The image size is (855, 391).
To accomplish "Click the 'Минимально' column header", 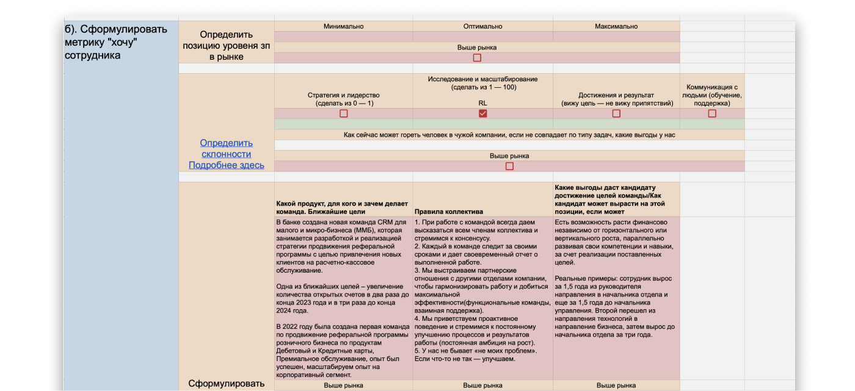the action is click(343, 26).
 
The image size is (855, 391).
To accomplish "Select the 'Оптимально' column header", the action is click(482, 26).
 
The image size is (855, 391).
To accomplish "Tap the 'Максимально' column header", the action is click(616, 26).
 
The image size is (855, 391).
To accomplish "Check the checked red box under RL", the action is click(483, 113).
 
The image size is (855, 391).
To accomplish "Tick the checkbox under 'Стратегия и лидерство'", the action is click(344, 113).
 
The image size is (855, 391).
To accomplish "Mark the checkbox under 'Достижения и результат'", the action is click(616, 113).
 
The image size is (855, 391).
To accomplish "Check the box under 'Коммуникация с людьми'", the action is click(712, 113).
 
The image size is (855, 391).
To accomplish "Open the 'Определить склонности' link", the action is click(226, 148).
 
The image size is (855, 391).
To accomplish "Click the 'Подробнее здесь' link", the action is click(226, 165).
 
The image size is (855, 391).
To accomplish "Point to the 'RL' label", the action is click(482, 103).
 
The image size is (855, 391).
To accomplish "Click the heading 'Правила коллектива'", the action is click(448, 212).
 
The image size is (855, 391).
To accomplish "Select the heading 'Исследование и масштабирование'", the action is click(482, 79).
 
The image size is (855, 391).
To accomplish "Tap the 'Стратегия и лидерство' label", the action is click(343, 95).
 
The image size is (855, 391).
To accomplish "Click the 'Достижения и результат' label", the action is click(616, 95).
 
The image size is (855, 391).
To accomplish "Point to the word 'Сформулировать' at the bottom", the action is click(226, 384).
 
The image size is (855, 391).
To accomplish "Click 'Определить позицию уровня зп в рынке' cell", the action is click(226, 45).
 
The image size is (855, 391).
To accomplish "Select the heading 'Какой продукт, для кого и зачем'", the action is click(341, 207).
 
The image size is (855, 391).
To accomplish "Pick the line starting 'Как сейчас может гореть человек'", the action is click(509, 135).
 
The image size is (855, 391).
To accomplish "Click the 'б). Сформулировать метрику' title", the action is click(115, 42).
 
